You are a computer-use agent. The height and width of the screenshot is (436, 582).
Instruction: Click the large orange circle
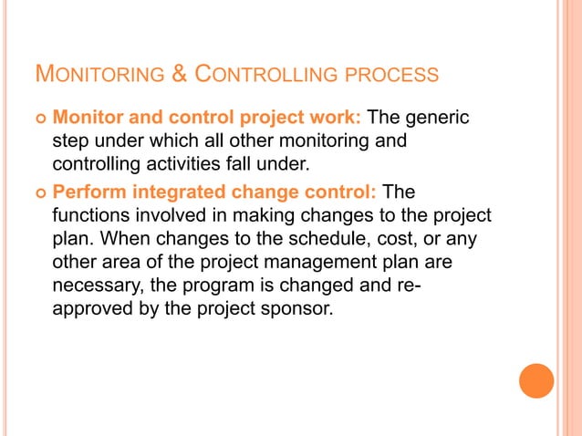pos(536,380)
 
